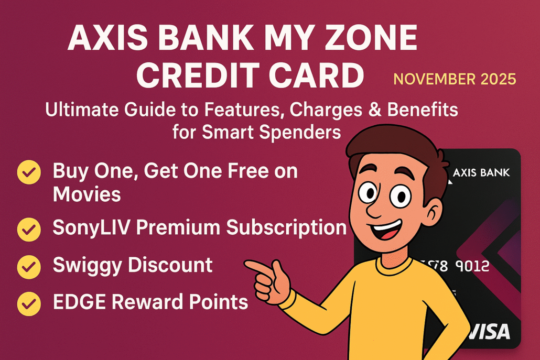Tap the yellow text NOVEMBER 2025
tap(455, 79)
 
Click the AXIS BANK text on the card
tap(481, 172)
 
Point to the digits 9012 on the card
tap(470, 266)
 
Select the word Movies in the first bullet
tap(87, 194)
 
